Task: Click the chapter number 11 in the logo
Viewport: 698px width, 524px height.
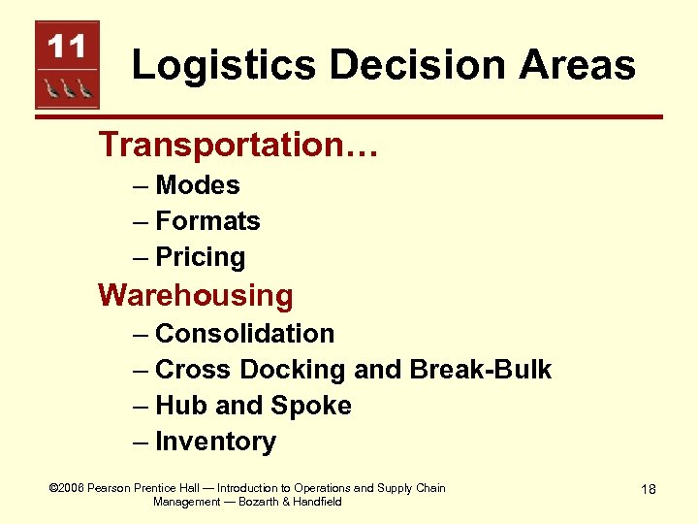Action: (66, 46)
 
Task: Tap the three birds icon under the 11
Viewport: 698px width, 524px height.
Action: (67, 88)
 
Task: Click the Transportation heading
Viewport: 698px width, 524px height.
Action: (238, 145)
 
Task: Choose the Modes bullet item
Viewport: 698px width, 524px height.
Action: (197, 185)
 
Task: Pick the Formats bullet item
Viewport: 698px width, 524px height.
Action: (207, 221)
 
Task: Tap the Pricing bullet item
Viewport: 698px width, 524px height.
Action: (201, 257)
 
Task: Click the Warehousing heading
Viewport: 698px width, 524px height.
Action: (195, 294)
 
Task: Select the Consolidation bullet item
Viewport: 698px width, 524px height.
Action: (244, 334)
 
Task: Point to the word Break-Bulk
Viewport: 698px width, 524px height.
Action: (481, 370)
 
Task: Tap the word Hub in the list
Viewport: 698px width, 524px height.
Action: (180, 406)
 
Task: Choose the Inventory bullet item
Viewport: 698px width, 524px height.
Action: (215, 442)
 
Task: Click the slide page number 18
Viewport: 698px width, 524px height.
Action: (648, 489)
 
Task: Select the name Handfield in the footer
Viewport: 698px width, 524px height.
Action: (312, 502)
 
